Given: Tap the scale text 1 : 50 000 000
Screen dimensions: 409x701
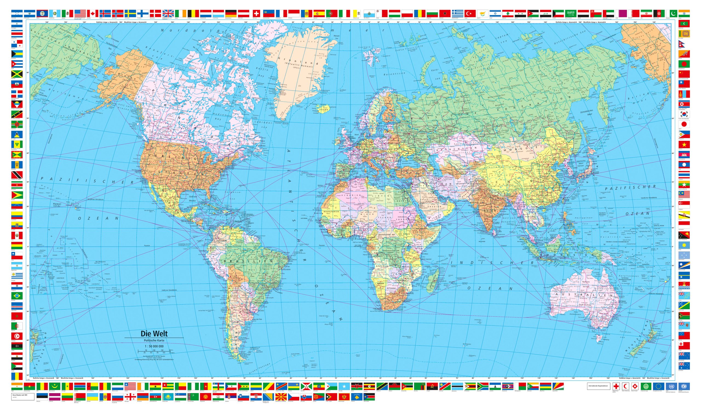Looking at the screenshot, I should click(154, 346).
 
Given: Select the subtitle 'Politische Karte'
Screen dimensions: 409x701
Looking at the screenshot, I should click(154, 340).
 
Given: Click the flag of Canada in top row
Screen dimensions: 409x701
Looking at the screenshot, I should click(93, 13).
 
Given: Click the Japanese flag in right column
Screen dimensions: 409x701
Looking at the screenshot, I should click(684, 124).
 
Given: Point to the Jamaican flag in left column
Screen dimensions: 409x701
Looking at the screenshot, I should click(17, 74).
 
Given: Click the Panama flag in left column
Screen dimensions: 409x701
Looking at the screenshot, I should click(17, 44).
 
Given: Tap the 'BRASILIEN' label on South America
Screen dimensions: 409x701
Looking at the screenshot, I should click(248, 261).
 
